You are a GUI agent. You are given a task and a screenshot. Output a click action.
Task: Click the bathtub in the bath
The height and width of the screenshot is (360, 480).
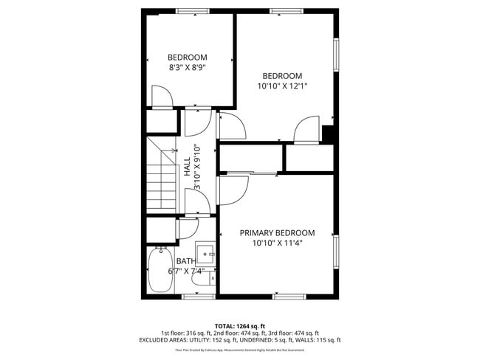coord(160,271)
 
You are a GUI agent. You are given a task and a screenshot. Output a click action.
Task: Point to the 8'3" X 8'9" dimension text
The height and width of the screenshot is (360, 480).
coord(187,67)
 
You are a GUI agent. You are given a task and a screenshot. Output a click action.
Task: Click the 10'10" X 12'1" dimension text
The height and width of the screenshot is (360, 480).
coord(282,86)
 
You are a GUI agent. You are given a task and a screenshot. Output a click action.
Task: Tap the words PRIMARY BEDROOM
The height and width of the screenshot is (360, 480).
coord(277,232)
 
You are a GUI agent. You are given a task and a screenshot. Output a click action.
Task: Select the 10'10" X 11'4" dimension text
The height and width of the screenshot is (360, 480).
coord(277,243)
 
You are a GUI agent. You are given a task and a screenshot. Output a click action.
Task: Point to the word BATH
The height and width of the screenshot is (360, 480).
coord(186,261)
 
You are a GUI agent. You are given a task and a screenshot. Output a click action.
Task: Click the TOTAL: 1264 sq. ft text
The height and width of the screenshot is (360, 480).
coord(240,326)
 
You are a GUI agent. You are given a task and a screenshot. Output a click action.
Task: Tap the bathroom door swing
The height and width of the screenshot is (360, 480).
coord(188,228)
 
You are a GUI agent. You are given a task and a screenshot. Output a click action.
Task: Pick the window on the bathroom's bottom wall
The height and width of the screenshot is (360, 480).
coord(198,297)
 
